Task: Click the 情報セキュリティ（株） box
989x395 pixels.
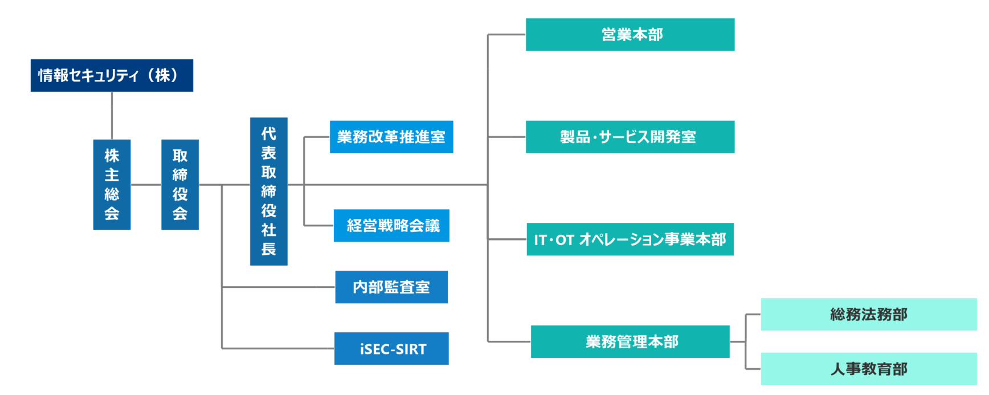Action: [112, 75]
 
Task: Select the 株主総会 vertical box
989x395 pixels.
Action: [112, 185]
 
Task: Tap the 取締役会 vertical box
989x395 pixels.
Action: [180, 185]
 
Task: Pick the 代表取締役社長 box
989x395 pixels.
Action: [269, 192]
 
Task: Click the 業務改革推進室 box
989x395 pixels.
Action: [391, 137]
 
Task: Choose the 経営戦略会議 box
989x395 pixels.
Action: [391, 226]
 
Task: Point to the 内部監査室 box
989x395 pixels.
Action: [391, 287]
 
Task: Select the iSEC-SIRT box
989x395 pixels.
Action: [391, 348]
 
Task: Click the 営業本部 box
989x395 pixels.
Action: [630, 34]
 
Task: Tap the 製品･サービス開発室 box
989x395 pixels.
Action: [630, 137]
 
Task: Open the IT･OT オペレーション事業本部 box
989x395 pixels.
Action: [630, 239]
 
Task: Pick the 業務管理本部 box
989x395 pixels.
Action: [630, 342]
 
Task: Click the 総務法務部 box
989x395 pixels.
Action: [869, 314]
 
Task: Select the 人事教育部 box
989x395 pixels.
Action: [869, 369]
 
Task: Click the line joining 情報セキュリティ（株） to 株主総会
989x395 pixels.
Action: [112, 116]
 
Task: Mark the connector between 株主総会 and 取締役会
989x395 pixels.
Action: [146, 185]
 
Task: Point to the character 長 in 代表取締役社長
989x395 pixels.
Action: [269, 249]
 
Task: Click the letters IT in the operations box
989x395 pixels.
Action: [540, 240]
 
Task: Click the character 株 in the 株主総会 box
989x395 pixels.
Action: [112, 156]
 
